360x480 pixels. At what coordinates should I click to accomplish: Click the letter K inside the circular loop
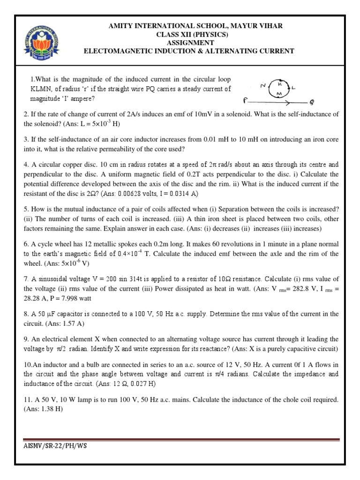pyautogui.click(x=279, y=85)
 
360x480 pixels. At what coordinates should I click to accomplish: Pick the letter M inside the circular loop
pyautogui.click(x=279, y=94)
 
